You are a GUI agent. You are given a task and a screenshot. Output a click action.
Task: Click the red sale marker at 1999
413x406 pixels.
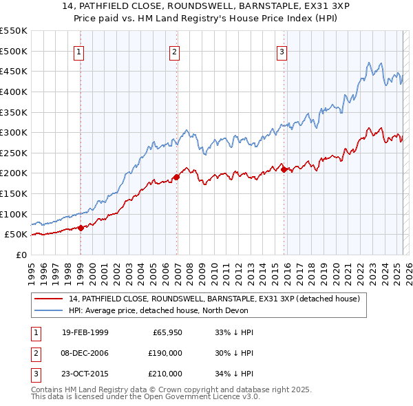coord(81,228)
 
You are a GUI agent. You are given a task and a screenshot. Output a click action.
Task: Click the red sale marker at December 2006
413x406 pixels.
coord(176,177)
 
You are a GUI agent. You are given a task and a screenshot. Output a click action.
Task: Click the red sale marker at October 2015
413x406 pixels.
coord(284,169)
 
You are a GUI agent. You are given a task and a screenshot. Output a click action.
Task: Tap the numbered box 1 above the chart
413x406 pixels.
coord(79,51)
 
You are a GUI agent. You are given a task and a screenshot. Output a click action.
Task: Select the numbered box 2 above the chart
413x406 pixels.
coord(175,51)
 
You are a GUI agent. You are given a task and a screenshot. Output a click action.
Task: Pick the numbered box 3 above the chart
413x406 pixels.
coord(282,51)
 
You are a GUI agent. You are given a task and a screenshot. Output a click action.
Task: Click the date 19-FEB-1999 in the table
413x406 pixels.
coord(85,332)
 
